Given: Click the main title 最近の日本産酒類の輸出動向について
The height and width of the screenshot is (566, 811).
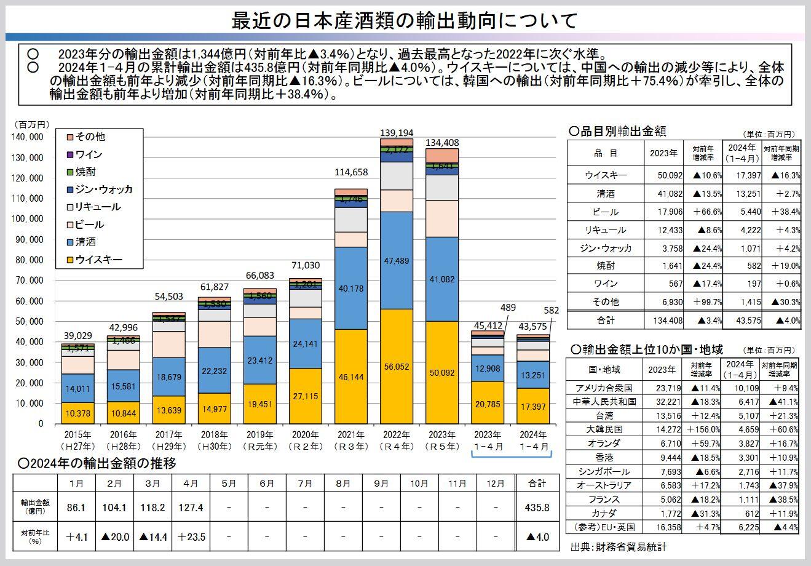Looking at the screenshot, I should (x=405, y=20).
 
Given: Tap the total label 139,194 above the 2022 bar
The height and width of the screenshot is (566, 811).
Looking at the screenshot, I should (x=396, y=132).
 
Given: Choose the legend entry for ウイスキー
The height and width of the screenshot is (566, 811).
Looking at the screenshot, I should (x=98, y=260).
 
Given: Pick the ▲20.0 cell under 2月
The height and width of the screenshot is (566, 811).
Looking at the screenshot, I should (x=115, y=536).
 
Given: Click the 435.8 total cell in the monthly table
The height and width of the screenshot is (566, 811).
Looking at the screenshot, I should (x=537, y=508).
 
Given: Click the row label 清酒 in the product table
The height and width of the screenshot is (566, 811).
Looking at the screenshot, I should (x=605, y=194).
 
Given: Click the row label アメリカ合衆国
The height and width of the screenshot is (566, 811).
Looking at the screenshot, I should (x=604, y=388).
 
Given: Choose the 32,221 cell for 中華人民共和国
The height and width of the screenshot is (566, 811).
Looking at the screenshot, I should (x=662, y=401).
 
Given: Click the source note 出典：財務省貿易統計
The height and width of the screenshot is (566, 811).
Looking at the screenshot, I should (x=618, y=546).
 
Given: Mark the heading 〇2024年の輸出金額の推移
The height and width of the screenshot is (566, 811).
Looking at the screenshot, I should (x=98, y=463).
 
